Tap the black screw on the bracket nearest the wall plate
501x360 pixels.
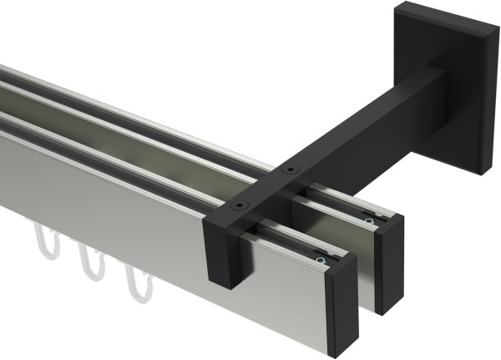pyautogui.click(x=289, y=170)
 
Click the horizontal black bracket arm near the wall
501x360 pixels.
pyautogui.click(x=367, y=109)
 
